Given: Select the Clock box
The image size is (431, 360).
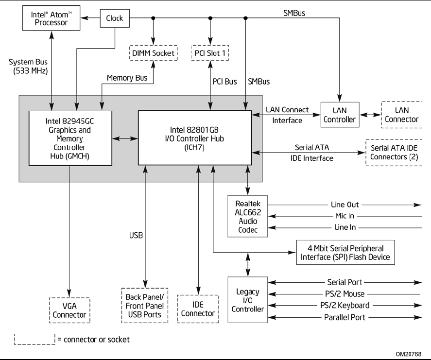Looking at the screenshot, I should [x=115, y=18].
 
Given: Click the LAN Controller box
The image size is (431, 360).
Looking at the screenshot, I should [x=340, y=115].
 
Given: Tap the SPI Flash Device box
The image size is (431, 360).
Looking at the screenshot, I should [x=345, y=252].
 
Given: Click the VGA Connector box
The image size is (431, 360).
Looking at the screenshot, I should [x=69, y=310].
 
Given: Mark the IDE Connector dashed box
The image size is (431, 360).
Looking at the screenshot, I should [x=197, y=309].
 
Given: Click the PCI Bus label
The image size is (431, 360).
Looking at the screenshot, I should [x=224, y=82].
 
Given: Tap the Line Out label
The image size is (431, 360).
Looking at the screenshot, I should [x=346, y=205].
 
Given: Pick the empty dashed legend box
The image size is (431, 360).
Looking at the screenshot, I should [x=34, y=339].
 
